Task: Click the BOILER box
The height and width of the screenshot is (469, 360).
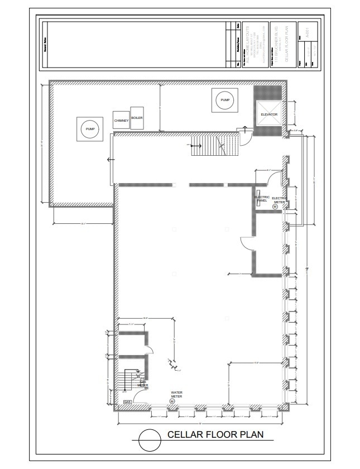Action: [137, 118]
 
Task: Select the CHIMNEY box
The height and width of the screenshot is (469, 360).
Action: [121, 120]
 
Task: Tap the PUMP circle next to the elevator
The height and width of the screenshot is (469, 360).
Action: [225, 100]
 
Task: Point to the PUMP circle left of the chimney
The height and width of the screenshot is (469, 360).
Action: [90, 129]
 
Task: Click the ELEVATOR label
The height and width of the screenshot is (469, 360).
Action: [269, 115]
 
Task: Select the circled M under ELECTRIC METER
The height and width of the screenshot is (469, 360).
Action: [275, 206]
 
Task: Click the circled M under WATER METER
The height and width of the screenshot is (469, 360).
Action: [172, 401]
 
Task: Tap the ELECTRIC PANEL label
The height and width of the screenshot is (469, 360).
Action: [262, 198]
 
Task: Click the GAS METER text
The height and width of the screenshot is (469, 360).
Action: [143, 384]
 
